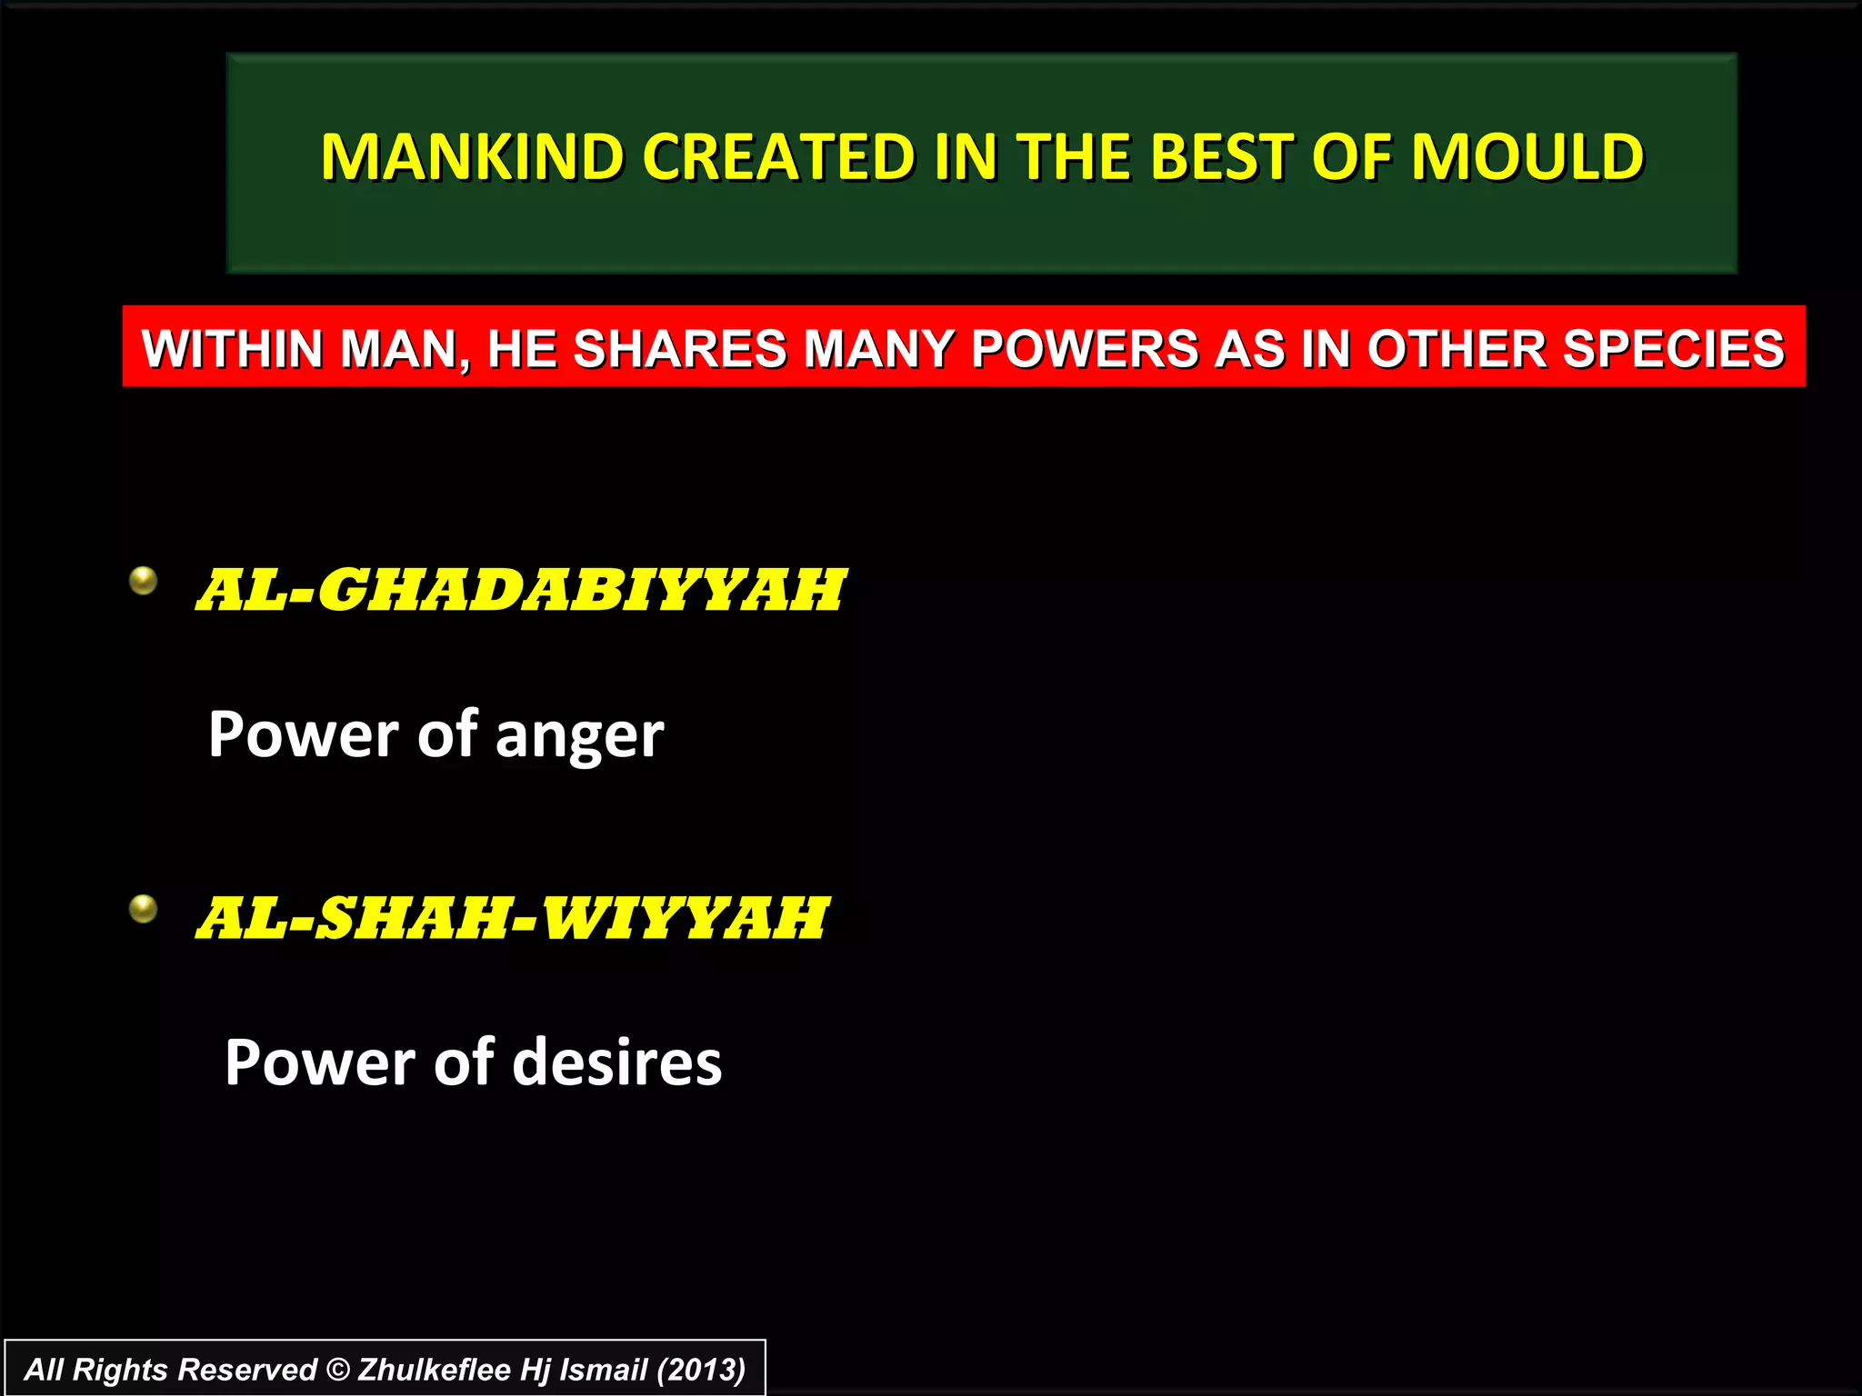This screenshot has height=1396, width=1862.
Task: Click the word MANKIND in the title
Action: pos(471,157)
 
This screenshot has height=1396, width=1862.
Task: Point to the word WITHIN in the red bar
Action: pos(232,349)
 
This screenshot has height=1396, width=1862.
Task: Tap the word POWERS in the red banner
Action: pos(1085,349)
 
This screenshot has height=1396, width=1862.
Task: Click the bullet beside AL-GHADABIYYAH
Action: pos(144,580)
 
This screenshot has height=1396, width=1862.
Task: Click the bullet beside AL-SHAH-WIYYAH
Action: pos(144,908)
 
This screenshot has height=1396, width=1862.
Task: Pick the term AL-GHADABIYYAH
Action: pos(521,591)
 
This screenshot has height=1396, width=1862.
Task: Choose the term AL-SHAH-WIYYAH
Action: pos(512,918)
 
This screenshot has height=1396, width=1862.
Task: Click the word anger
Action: pos(580,737)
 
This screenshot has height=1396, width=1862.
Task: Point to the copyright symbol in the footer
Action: pos(337,1370)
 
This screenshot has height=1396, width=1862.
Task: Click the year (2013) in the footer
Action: pos(701,1370)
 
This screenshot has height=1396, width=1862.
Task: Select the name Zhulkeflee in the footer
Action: pos(434,1370)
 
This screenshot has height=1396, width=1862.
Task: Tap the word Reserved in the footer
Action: pos(246,1370)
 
